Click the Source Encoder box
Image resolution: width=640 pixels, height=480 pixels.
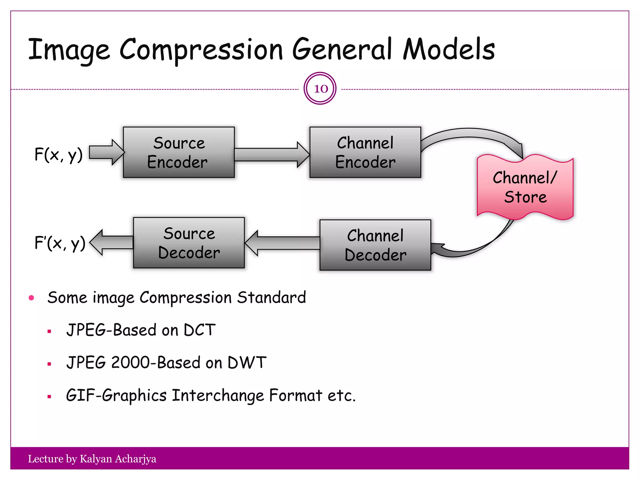click(x=179, y=152)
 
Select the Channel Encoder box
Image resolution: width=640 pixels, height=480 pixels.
click(x=365, y=152)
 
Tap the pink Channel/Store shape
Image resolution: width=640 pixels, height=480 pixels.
click(x=525, y=187)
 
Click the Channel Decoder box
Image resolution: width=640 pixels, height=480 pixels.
click(x=375, y=245)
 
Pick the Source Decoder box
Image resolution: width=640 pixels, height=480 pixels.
click(x=189, y=243)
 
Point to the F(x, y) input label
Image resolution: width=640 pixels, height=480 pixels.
click(x=58, y=154)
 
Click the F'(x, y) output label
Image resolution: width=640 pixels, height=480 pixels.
click(x=60, y=243)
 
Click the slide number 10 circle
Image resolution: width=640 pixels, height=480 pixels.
click(x=320, y=88)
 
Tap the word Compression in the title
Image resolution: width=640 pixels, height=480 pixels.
click(x=201, y=50)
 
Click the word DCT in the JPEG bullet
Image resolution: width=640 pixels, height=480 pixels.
click(x=200, y=330)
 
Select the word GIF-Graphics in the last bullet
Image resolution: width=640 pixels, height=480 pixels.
click(x=116, y=396)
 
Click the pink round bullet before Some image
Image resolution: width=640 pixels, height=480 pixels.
click(x=31, y=298)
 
